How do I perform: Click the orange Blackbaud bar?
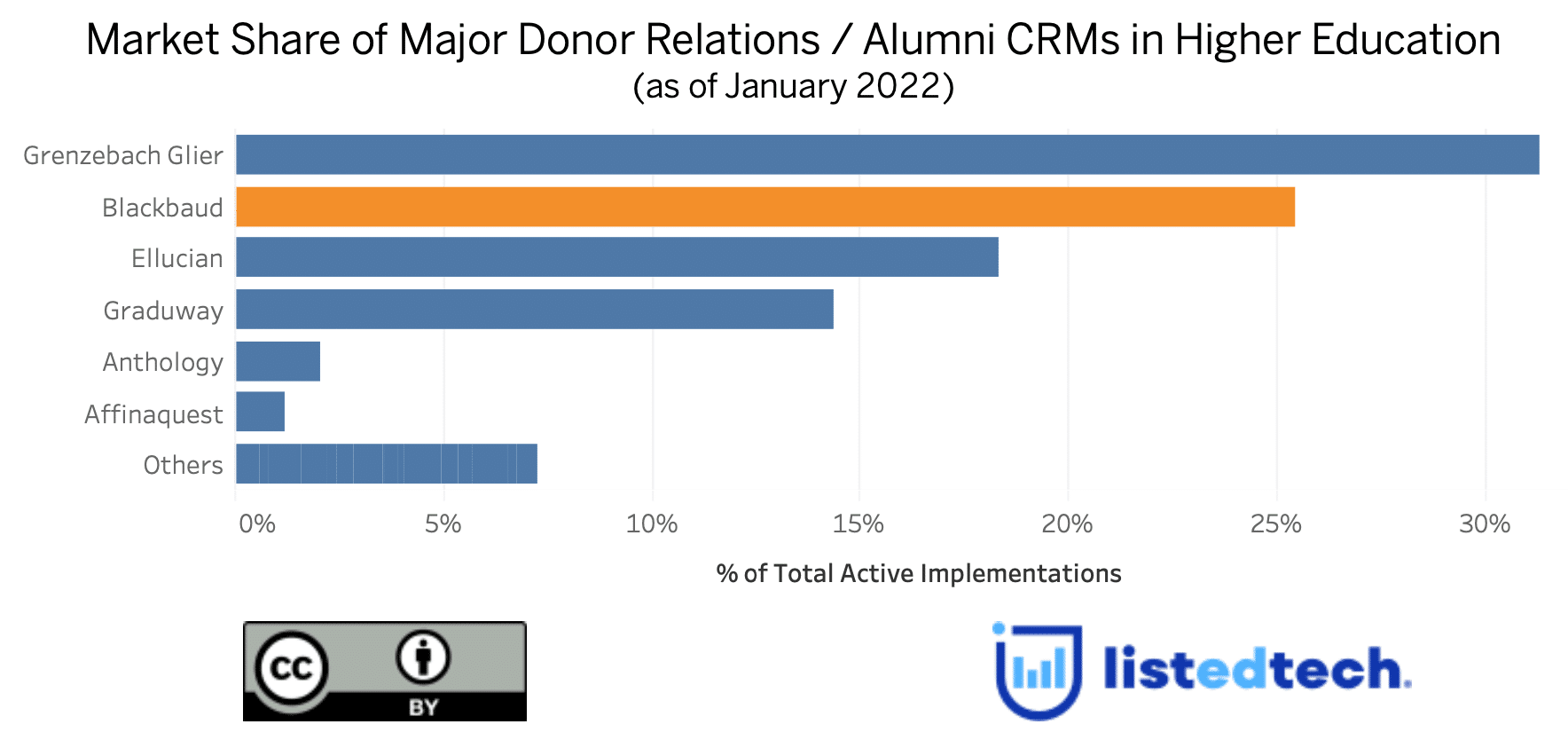click(x=764, y=207)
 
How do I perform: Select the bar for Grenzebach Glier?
click(x=887, y=154)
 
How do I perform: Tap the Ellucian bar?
click(x=616, y=257)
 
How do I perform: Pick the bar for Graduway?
click(x=534, y=310)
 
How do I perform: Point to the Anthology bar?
click(x=278, y=361)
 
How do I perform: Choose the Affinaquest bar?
click(x=260, y=413)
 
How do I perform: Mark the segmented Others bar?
click(x=386, y=464)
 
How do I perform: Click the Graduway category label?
click(x=163, y=311)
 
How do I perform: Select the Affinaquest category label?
click(x=153, y=414)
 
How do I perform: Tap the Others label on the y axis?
click(x=183, y=465)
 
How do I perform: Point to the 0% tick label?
click(x=256, y=524)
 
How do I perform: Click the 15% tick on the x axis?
click(x=858, y=524)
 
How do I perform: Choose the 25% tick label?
click(x=1275, y=524)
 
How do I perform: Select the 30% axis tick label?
click(x=1484, y=524)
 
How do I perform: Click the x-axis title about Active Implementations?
click(x=918, y=574)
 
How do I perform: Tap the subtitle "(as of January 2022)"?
click(x=793, y=87)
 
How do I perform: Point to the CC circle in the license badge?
click(x=291, y=669)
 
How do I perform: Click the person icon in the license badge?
click(x=423, y=657)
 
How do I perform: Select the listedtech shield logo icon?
click(x=1038, y=670)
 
